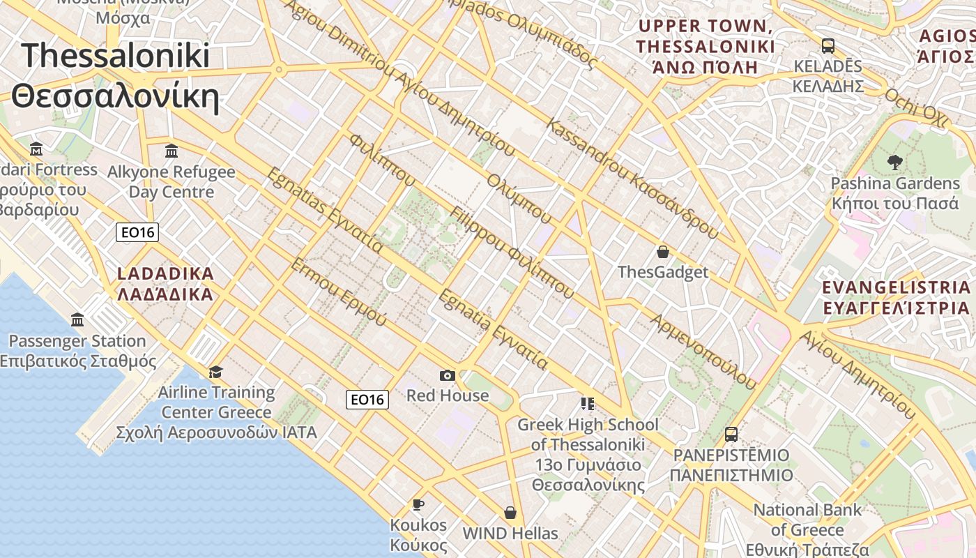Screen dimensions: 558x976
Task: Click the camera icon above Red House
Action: pos(448,376)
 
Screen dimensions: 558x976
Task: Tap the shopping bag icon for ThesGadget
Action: pos(662,252)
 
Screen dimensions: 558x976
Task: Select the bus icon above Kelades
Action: pos(828,46)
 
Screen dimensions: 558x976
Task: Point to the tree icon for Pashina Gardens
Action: pos(894,163)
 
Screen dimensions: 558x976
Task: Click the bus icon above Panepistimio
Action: pos(731,435)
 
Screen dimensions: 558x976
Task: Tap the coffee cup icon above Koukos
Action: pos(418,504)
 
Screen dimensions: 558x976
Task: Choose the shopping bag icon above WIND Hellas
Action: pos(510,513)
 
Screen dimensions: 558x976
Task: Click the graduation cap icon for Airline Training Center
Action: pos(216,372)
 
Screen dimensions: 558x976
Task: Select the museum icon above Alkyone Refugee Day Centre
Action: pos(171,151)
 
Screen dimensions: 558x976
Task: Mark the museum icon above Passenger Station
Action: pos(77,320)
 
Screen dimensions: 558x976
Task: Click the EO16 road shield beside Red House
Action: pos(367,400)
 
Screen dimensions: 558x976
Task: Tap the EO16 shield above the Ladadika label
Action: pos(137,232)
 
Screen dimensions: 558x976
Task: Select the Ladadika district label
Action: pos(165,283)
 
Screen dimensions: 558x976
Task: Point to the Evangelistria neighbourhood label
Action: pos(896,298)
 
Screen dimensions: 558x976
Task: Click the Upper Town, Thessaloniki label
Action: pos(705,47)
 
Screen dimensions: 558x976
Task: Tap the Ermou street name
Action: pos(337,292)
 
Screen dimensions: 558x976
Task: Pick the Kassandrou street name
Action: pos(632,179)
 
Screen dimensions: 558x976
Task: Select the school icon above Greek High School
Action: pos(587,403)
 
